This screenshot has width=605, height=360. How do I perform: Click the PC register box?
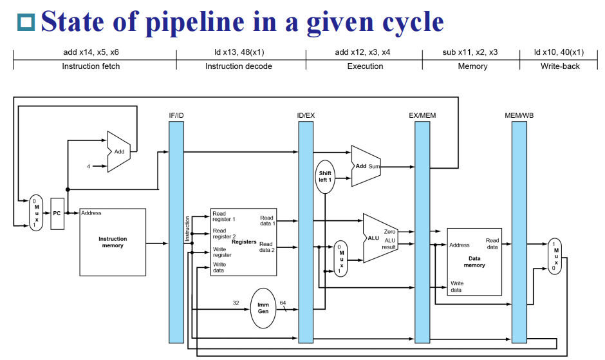click(57, 212)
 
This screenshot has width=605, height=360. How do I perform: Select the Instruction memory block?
click(113, 242)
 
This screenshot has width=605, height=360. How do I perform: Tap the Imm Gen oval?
click(263, 307)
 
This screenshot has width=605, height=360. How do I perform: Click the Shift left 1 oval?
click(325, 176)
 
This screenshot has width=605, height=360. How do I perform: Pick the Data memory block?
click(474, 261)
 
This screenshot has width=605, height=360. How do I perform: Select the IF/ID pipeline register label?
click(176, 115)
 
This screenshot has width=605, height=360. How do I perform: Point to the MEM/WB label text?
click(519, 115)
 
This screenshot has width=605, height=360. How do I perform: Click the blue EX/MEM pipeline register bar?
click(422, 232)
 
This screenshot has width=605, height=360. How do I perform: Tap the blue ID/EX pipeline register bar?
click(306, 232)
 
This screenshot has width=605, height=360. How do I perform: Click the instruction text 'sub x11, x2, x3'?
click(470, 52)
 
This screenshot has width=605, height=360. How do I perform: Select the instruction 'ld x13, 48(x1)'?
click(241, 52)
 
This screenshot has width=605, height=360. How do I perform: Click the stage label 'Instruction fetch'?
click(91, 66)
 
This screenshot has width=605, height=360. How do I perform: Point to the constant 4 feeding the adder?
click(89, 166)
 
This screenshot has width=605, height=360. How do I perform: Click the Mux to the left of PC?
click(37, 213)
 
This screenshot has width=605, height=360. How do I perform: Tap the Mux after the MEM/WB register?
click(554, 256)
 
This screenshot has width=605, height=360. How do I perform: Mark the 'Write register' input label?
click(222, 252)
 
